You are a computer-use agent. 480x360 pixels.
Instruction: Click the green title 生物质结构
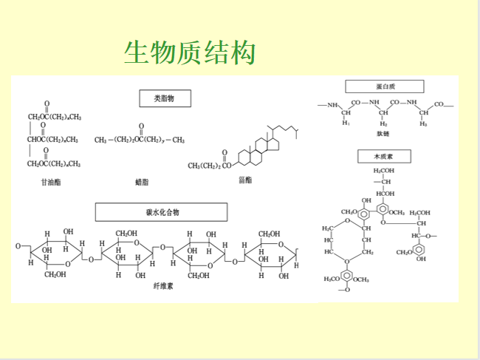pos(190,52)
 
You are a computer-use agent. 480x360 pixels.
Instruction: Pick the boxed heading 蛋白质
pos(384,86)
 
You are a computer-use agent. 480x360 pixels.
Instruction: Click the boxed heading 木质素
pos(384,157)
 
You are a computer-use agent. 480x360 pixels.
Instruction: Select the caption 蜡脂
pos(142,181)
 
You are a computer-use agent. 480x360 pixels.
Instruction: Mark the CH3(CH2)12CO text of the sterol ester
pos(209,166)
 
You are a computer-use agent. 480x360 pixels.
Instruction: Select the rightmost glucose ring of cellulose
pos(273,251)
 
